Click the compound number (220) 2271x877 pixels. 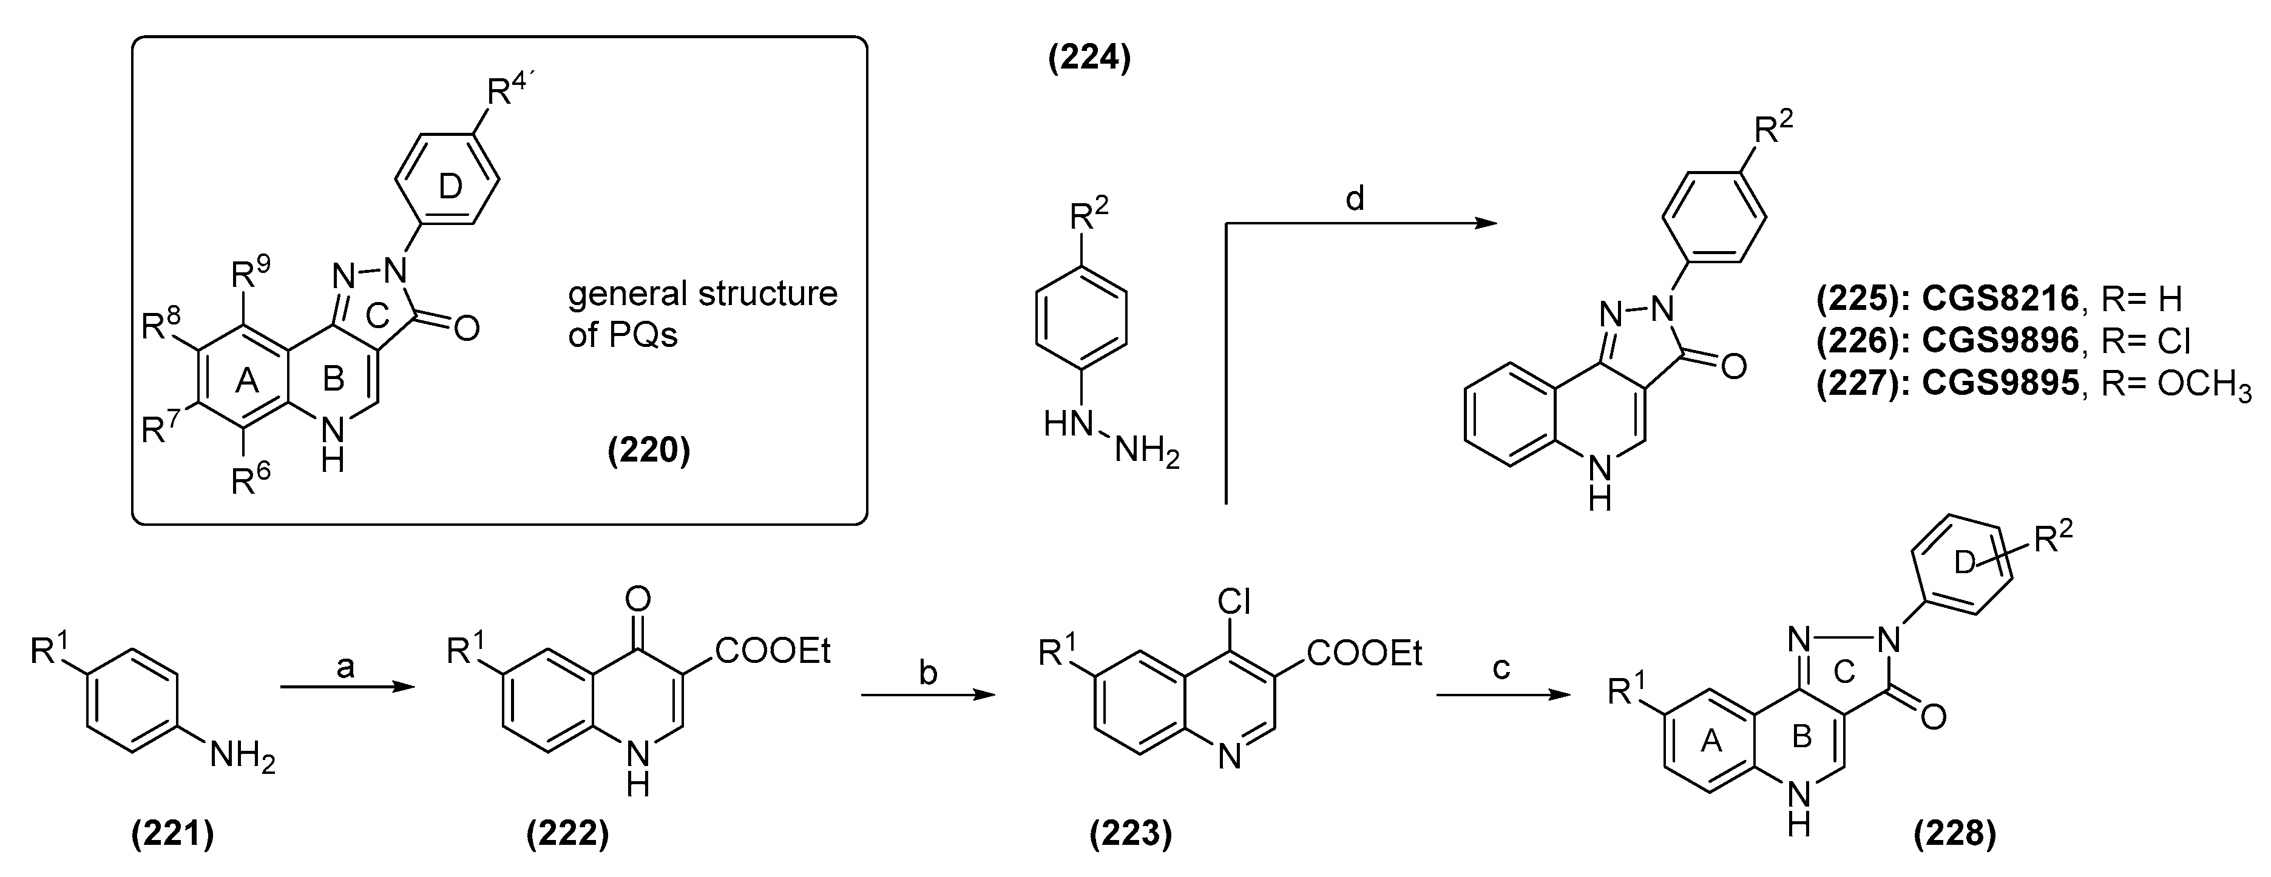coord(648,451)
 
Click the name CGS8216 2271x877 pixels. coord(2000,300)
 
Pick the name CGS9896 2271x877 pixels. coord(2000,340)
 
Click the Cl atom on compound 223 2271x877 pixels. coord(1234,602)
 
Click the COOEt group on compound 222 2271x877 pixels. coord(773,651)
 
